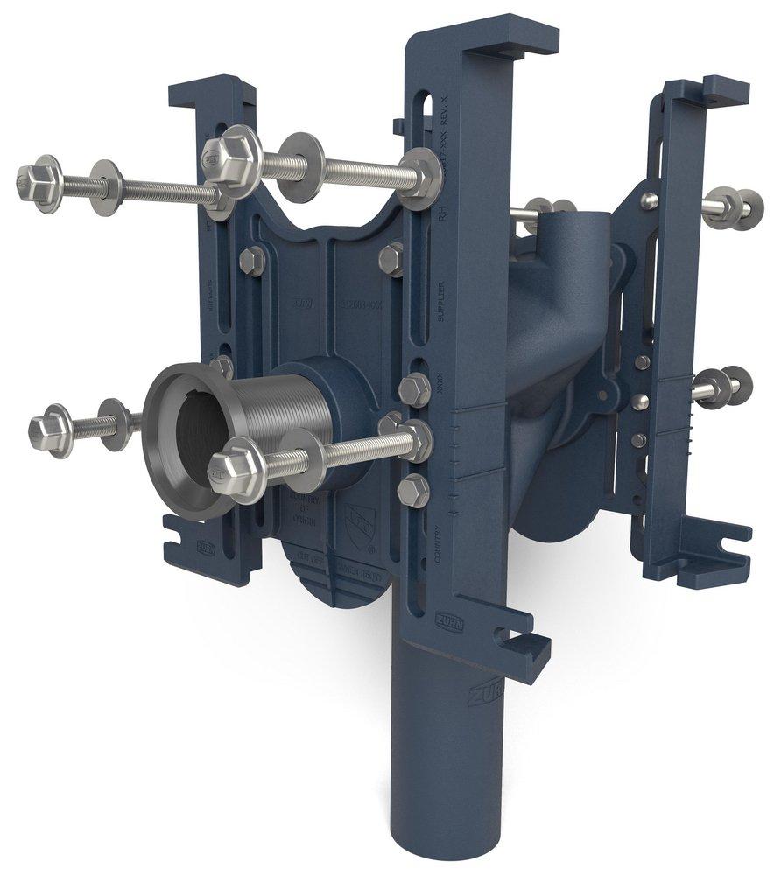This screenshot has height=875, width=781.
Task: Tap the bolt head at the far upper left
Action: click(x=38, y=181)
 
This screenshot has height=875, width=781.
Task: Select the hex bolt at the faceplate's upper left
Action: click(x=250, y=259)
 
